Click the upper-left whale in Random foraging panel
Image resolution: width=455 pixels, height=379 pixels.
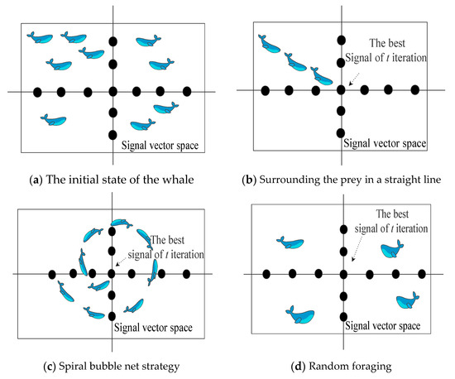(290, 242)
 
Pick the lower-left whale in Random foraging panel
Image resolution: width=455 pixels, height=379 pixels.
(299, 313)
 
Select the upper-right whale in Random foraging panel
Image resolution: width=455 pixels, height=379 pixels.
(392, 249)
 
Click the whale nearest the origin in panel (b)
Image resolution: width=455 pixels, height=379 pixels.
(321, 76)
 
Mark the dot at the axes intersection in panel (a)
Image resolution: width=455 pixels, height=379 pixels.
(113, 91)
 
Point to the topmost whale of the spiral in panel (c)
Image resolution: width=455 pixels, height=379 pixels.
(122, 224)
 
